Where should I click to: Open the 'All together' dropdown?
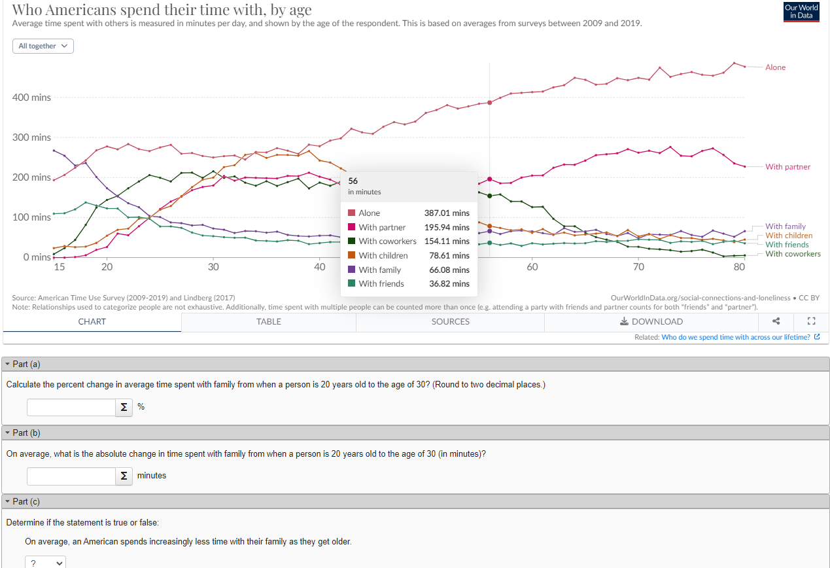coord(43,46)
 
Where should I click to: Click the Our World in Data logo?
coord(801,11)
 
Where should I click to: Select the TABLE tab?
coord(269,321)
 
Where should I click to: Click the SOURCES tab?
coord(450,321)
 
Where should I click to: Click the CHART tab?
coord(92,321)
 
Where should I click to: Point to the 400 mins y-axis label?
coord(31,98)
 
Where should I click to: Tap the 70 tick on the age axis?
coord(638,267)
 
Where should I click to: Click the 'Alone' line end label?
coord(775,67)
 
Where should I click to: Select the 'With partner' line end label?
coord(787,167)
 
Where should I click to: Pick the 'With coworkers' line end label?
coord(793,254)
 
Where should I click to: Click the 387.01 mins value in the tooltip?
coord(447,213)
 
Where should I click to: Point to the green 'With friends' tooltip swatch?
coord(352,284)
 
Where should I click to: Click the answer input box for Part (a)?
coord(71,407)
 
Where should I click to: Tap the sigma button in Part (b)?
coord(124,476)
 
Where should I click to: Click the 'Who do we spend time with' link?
coord(736,338)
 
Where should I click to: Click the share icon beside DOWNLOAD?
coord(776,321)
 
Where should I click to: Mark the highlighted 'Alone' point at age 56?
coord(489,103)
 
